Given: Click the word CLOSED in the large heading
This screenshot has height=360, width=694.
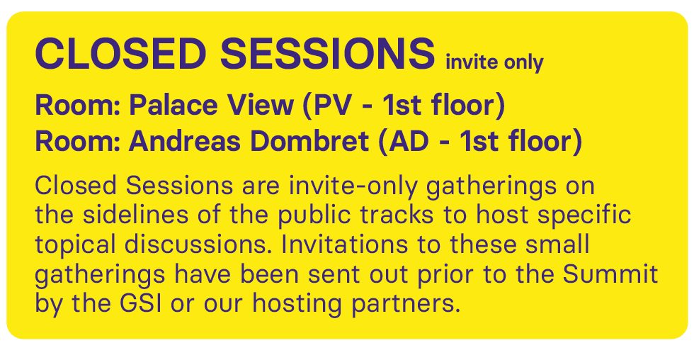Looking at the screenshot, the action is (120, 54).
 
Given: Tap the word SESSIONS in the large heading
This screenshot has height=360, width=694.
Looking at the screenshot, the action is (327, 54).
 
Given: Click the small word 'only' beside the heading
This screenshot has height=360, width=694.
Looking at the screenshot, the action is (523, 63).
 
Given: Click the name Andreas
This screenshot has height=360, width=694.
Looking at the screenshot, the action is (185, 141).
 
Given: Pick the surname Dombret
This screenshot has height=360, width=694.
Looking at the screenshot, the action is (309, 141).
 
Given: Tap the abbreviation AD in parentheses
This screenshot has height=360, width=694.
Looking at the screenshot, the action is (404, 142).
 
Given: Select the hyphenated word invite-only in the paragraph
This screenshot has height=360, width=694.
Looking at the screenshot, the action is (353, 186).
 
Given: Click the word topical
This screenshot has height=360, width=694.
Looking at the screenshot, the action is (75, 245).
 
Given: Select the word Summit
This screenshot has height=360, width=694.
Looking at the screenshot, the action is (610, 274).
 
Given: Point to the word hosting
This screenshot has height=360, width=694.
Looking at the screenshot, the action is (297, 305).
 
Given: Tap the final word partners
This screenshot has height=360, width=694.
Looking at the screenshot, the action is (406, 305).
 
